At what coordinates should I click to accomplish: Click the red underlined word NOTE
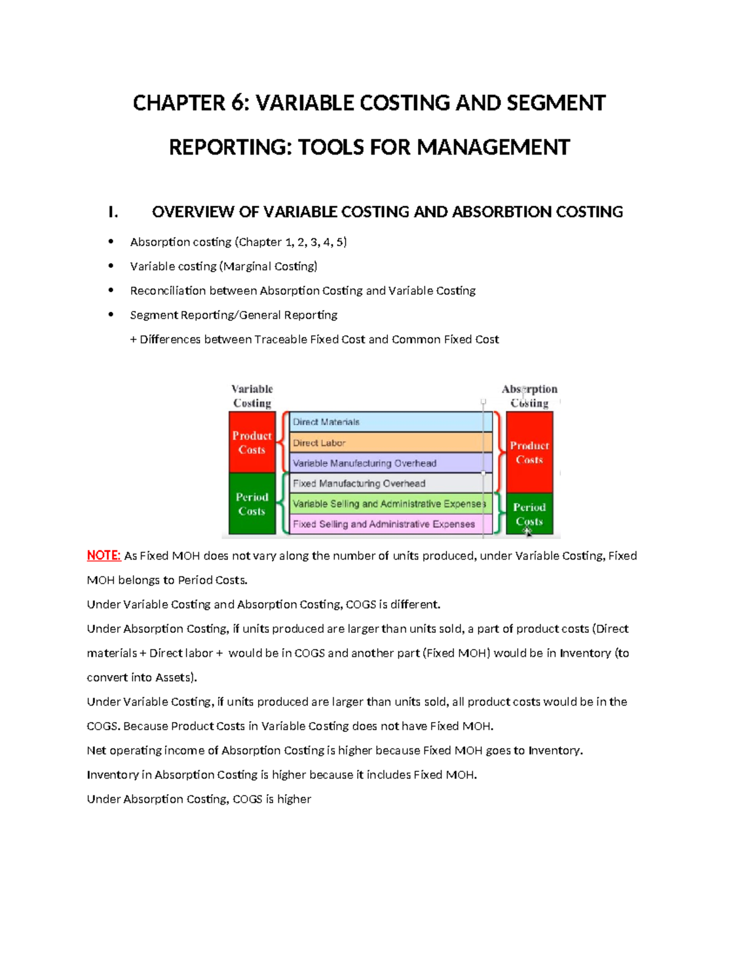pyautogui.click(x=103, y=555)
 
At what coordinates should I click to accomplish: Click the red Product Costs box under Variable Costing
pyautogui.click(x=252, y=442)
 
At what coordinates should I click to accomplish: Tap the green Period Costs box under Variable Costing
pyautogui.click(x=252, y=504)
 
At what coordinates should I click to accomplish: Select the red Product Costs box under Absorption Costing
pyautogui.click(x=529, y=452)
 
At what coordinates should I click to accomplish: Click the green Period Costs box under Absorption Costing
pyautogui.click(x=529, y=513)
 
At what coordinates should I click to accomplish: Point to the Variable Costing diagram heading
pyautogui.click(x=252, y=396)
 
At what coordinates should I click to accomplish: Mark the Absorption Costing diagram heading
pyautogui.click(x=529, y=396)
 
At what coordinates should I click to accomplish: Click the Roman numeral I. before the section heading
pyautogui.click(x=113, y=212)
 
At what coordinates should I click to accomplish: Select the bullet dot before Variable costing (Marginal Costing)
pyautogui.click(x=111, y=266)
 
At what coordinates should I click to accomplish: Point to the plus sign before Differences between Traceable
pyautogui.click(x=133, y=340)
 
